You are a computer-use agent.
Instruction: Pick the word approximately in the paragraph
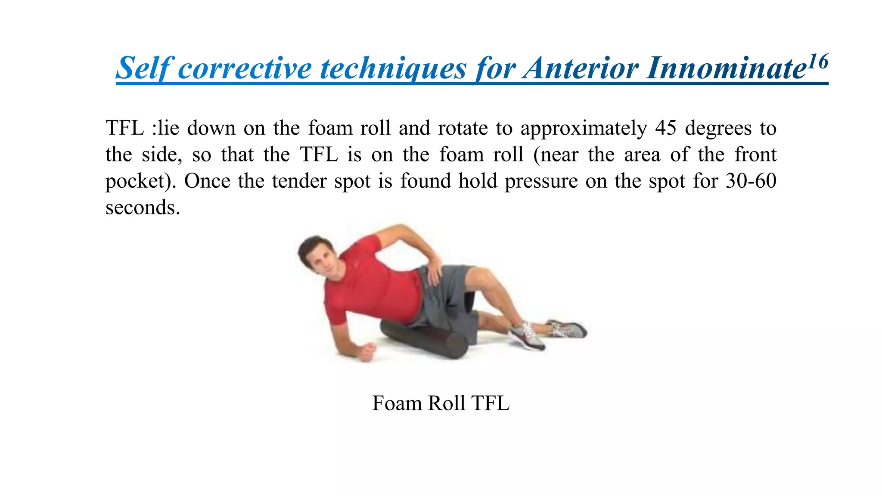click(583, 128)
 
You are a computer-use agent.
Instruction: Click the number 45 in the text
click(666, 128)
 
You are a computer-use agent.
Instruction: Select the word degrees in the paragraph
click(717, 128)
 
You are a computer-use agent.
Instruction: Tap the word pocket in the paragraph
click(135, 181)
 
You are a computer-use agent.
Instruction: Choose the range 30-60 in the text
click(751, 181)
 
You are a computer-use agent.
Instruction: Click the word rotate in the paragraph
click(462, 128)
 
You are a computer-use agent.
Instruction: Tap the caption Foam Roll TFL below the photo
click(441, 403)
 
